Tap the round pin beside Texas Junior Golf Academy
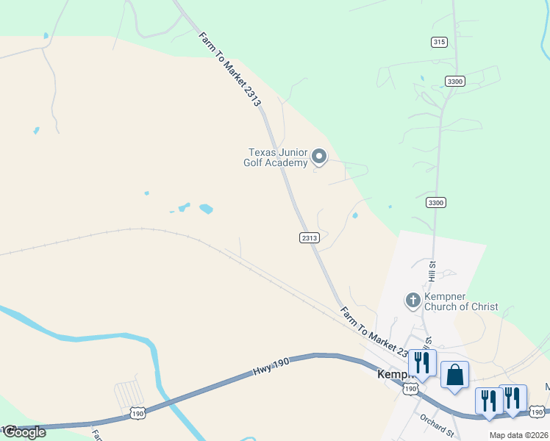[x=319, y=156]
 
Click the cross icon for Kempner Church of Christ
[x=413, y=300]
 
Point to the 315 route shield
[x=439, y=42]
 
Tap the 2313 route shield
[x=310, y=237]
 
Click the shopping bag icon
[x=455, y=375]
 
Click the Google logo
[x=24, y=432]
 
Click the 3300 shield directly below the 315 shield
[x=454, y=82]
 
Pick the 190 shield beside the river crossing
[x=137, y=414]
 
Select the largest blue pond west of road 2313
[x=206, y=209]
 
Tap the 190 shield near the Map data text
[x=537, y=412]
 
